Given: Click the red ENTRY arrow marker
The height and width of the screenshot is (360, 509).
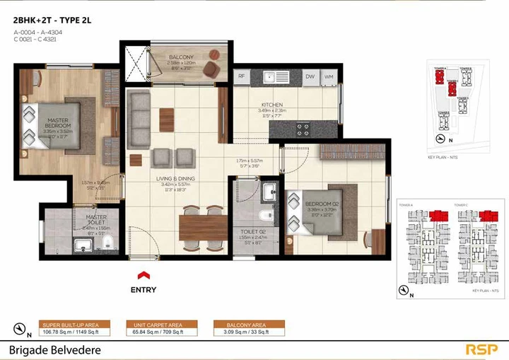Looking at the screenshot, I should pos(143,275).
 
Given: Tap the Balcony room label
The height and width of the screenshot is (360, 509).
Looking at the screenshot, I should pos(181,57).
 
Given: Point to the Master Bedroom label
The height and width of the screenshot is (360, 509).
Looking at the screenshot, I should pos(57,124).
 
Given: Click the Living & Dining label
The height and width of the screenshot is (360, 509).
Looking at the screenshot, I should pos(175,179).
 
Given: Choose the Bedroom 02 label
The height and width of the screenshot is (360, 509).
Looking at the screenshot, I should pos(324,204).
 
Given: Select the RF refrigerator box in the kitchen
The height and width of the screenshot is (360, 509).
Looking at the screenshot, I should pos(240,76).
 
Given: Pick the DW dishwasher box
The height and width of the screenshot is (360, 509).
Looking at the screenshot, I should pos(310,76).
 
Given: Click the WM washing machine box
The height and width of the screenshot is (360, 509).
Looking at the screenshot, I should pos(329,76).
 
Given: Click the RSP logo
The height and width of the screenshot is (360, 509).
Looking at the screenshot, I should pos(481,349).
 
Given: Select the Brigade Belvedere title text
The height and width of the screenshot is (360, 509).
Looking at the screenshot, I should pos(55,349).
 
